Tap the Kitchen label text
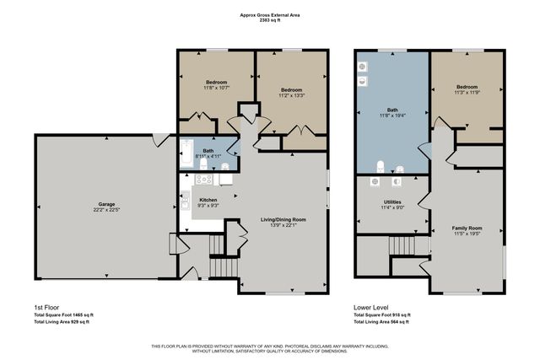[x=208, y=199]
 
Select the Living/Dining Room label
[x=282, y=219]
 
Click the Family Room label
[x=467, y=228]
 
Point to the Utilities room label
[x=391, y=202]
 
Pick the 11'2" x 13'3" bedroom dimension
[x=291, y=96]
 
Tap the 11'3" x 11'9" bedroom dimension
[x=467, y=93]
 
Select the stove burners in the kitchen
[x=203, y=179]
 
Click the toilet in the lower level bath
[x=381, y=165]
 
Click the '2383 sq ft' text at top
[x=270, y=20]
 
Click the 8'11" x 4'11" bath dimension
[x=208, y=156]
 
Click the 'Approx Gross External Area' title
[x=270, y=14]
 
